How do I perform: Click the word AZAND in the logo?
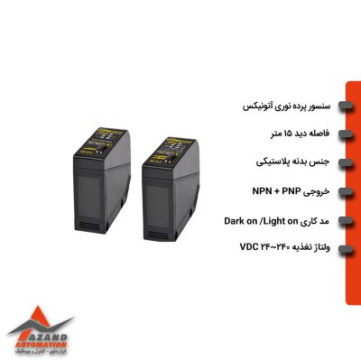pyautogui.click(x=36, y=333)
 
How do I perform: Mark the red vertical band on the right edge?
pyautogui.click(x=352, y=180)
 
